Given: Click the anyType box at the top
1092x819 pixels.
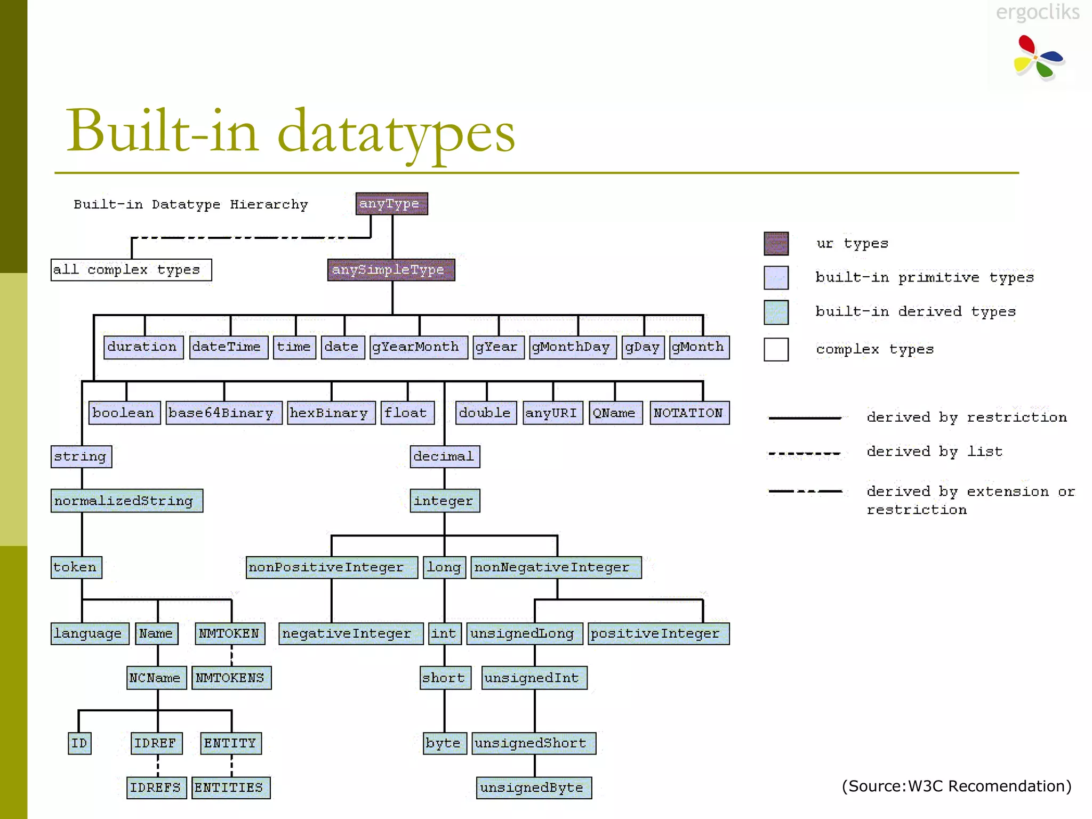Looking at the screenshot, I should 392,204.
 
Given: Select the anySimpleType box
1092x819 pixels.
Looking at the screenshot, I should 391,270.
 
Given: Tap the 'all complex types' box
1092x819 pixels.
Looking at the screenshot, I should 131,270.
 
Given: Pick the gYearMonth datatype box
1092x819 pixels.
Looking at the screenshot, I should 419,347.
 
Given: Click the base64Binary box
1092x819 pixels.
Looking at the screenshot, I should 224,413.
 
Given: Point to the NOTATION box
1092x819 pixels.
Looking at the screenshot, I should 689,413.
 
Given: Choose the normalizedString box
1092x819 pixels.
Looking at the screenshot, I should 127,501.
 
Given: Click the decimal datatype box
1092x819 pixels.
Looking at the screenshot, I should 445,456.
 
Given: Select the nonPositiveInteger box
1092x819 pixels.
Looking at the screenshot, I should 332,567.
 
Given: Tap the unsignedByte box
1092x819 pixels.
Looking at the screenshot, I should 534,788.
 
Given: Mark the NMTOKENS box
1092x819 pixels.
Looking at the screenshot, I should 231,678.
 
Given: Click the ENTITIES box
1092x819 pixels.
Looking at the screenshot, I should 231,788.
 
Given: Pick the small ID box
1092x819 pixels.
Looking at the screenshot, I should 80,743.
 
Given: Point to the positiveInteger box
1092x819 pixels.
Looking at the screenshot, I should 659,633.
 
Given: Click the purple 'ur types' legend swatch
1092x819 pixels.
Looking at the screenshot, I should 776,244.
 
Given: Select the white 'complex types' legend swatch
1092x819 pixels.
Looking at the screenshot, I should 776,350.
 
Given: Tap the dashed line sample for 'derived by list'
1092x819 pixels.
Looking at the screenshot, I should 805,454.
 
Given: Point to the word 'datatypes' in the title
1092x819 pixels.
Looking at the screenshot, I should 396,132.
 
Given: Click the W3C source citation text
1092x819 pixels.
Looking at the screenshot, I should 957,786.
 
